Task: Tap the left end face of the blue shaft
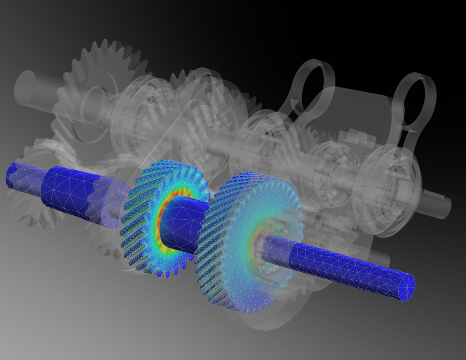pyautogui.click(x=10, y=174)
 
